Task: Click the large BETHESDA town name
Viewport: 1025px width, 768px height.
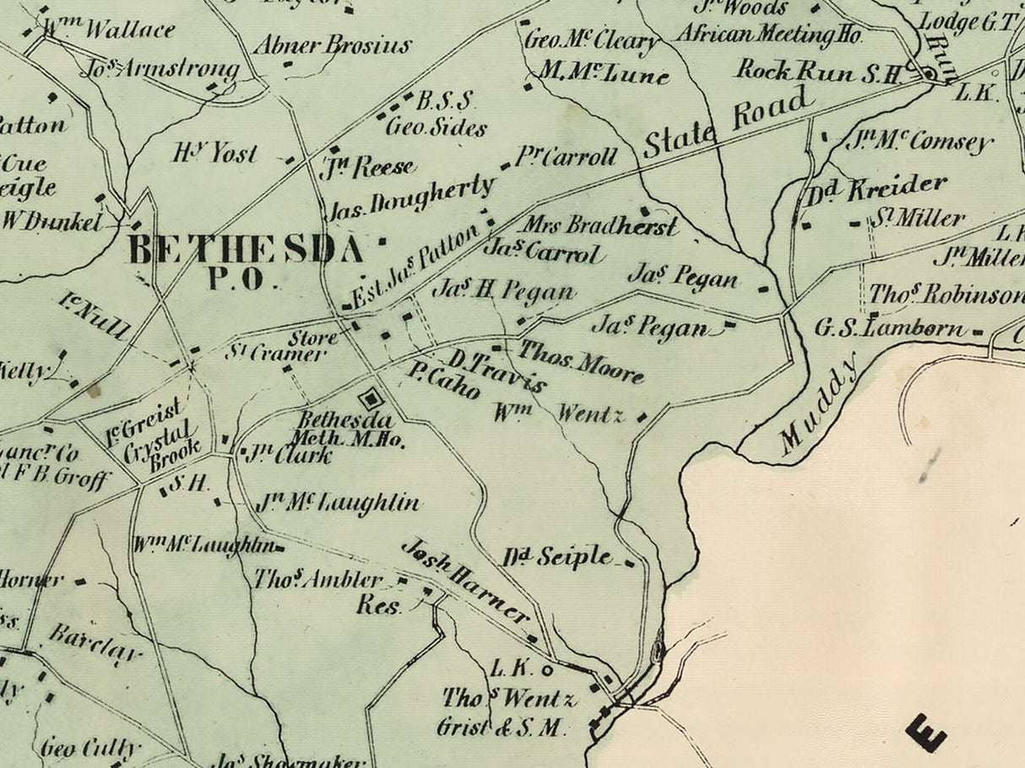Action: pos(247,251)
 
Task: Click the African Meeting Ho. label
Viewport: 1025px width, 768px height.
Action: pos(767,35)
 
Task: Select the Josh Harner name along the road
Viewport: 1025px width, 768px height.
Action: pos(465,581)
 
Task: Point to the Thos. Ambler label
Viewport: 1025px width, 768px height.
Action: pos(318,580)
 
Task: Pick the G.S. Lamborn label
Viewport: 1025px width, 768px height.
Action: pos(891,327)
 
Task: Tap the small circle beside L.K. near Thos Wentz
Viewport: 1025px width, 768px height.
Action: pos(546,671)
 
